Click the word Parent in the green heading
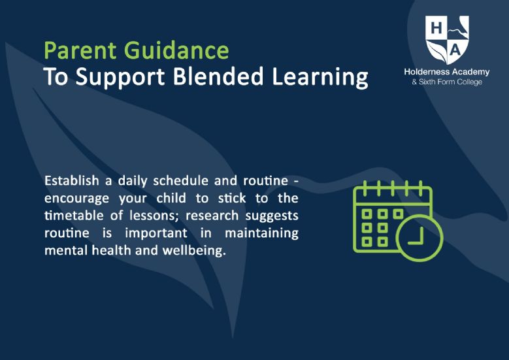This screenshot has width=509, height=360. click(80, 50)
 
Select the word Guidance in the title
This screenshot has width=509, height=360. click(176, 50)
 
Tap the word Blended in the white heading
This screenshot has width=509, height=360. click(218, 76)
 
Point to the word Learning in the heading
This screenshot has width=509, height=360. click(320, 78)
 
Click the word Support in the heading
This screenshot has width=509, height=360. click(120, 78)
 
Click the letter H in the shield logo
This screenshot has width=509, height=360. click(436, 28)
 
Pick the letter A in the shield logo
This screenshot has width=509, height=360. click(456, 50)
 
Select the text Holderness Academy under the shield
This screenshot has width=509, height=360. click(447, 72)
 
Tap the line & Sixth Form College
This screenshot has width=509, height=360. click(447, 82)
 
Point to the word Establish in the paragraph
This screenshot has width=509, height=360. click(72, 180)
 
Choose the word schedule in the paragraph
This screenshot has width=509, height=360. click(180, 180)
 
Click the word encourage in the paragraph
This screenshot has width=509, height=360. click(76, 199)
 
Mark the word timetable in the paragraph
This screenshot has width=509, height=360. click(74, 216)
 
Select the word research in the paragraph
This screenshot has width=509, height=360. click(212, 216)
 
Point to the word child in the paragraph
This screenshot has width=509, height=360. click(171, 198)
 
